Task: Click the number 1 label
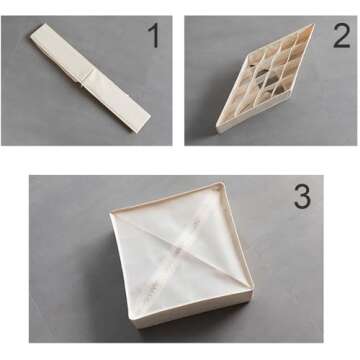tap(153, 37)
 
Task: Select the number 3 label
tap(302, 197)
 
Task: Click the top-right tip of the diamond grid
tap(311, 27)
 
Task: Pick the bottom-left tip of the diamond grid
tap(219, 128)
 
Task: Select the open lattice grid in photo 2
tap(265, 77)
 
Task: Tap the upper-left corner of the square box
tap(110, 212)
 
